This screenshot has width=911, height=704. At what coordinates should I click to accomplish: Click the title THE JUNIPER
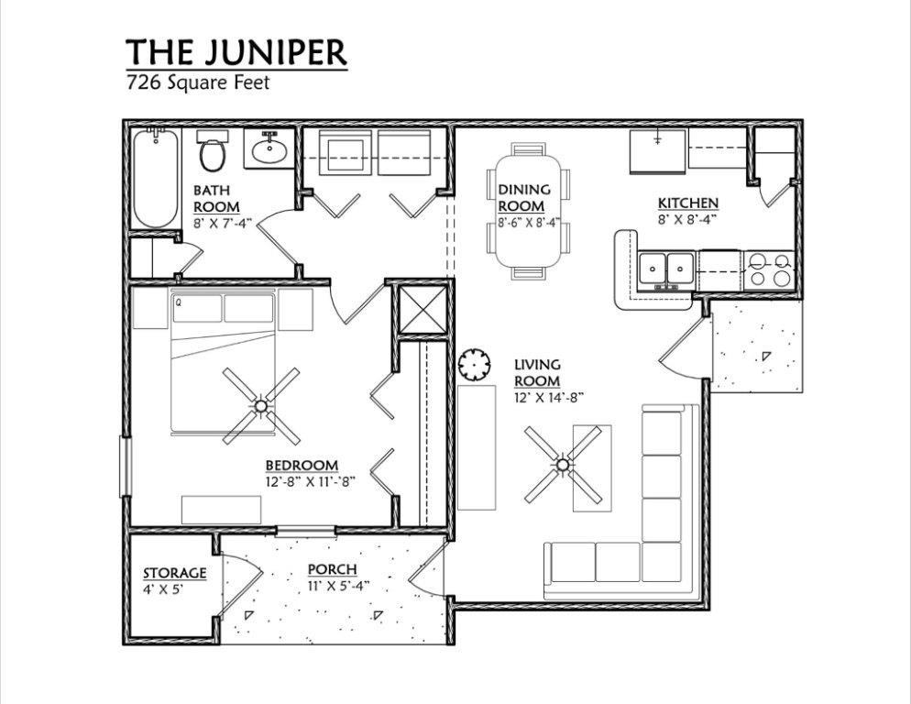[236, 51]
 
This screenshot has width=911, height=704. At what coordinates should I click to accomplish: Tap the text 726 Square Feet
[197, 81]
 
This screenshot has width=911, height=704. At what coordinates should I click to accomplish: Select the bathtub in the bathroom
[155, 179]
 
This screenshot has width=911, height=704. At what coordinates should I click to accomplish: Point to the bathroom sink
[269, 149]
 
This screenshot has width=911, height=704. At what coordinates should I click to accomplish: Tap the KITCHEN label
[687, 203]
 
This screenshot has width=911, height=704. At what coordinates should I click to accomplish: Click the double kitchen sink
[666, 269]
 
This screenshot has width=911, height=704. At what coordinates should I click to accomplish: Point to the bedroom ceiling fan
[261, 404]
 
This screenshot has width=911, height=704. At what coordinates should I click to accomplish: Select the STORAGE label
[174, 574]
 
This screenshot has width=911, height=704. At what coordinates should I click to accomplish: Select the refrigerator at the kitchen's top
[657, 150]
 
